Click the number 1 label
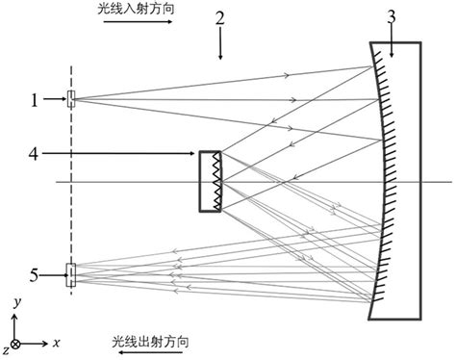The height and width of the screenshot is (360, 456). click(35, 97)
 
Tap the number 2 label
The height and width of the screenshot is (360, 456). click(220, 18)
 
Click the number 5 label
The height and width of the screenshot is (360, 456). click(34, 275)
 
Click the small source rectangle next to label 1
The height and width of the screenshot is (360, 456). click(70, 97)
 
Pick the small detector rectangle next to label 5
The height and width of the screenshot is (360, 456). click(69, 275)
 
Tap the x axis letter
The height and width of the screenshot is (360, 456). click(57, 343)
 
